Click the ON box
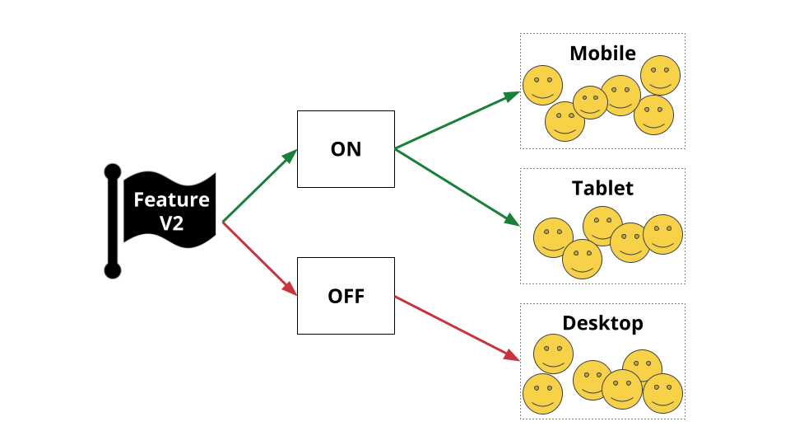coord(346,149)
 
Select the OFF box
coord(346,296)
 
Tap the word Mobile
coord(602,54)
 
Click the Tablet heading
coord(602,188)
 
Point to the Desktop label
coord(602,323)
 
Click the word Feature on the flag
coord(171,199)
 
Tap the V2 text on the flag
coord(171,223)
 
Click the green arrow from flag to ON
coord(259,185)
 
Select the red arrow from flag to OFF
coord(259,259)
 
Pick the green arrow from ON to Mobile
coord(458,120)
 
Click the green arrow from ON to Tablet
coord(458,187)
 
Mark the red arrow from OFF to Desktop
coord(458,329)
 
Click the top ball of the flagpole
coord(113,172)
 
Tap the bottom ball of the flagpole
coord(113,270)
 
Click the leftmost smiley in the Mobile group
coord(542,85)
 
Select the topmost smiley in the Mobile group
coord(661,76)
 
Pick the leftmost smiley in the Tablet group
coord(553,237)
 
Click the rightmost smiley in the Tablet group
coord(662,235)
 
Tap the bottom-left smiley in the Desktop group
coord(542,394)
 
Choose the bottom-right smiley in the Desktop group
coord(662,394)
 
